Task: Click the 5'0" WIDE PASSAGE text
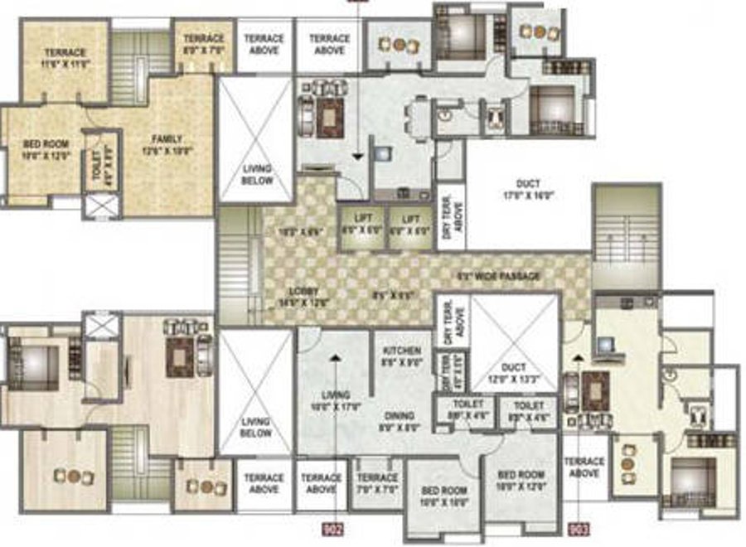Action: click(499, 276)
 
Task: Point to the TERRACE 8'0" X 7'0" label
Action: click(203, 44)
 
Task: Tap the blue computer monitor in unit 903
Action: click(604, 344)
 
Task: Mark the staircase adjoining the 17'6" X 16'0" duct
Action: click(627, 236)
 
